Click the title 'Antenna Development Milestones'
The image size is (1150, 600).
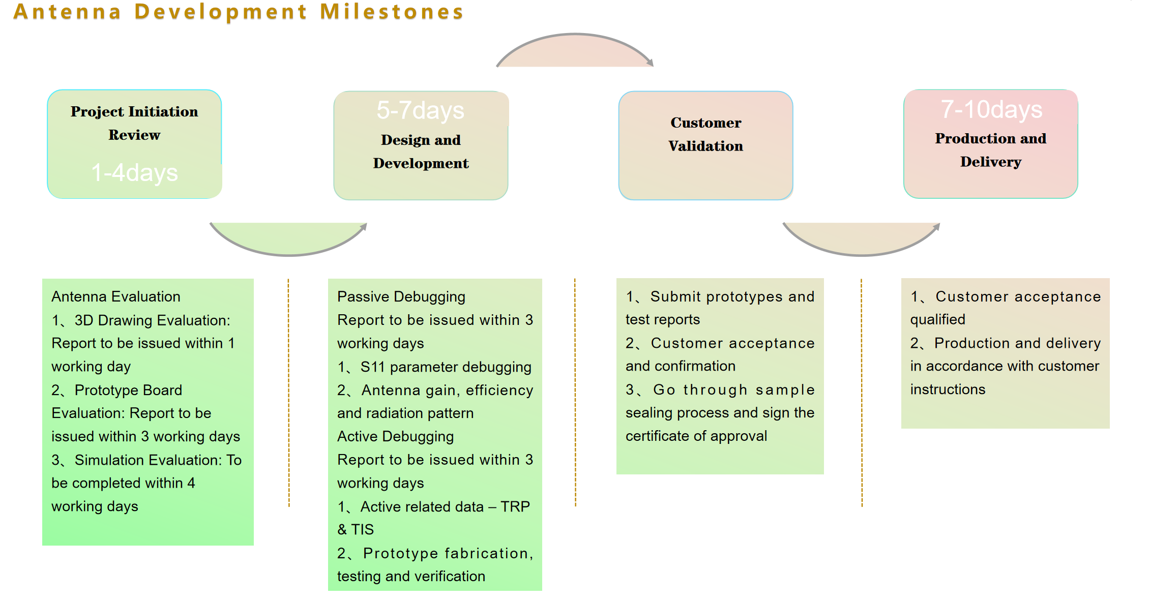(x=238, y=12)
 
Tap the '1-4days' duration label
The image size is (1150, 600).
(x=135, y=173)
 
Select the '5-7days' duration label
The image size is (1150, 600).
(x=420, y=110)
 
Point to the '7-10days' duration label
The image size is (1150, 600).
(x=991, y=109)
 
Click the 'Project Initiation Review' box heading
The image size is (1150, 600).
(x=134, y=123)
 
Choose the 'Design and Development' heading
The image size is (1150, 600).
(x=421, y=152)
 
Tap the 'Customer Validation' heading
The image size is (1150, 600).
(x=705, y=134)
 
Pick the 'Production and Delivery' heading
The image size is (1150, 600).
(x=990, y=150)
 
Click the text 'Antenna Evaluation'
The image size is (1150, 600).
(x=116, y=296)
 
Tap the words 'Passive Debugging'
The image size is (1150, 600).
(x=401, y=296)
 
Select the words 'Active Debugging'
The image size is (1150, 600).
(x=395, y=436)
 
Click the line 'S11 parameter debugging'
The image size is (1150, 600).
(x=446, y=367)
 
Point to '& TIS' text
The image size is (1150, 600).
(x=356, y=529)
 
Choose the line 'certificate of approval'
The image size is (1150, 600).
(x=696, y=436)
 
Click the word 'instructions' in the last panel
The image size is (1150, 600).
(x=948, y=389)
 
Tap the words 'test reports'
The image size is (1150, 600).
(x=662, y=319)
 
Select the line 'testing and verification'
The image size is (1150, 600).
(x=411, y=576)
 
